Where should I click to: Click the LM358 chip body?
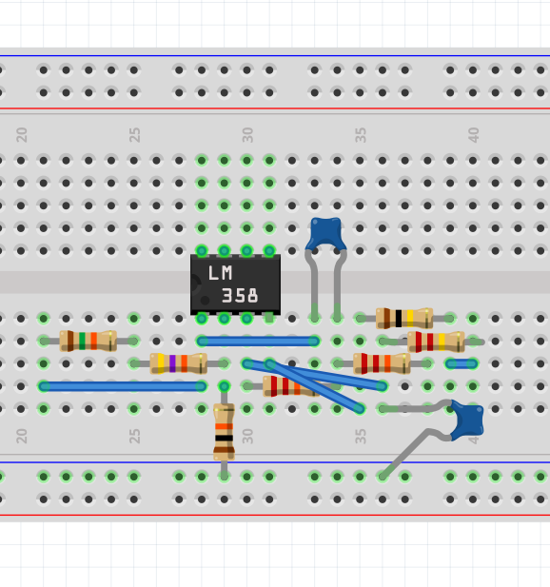pos(235,284)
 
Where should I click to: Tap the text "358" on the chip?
pos(240,296)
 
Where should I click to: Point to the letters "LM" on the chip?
pos(220,273)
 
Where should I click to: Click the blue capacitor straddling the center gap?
pos(325,269)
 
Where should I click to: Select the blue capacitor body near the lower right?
pos(466,421)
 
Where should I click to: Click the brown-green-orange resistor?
pos(88,341)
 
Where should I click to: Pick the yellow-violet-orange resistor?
pos(178,363)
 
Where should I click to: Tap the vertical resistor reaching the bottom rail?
pos(224,431)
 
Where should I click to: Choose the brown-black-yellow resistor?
pos(404,318)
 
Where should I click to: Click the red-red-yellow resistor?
pos(436,342)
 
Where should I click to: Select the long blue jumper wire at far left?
pos(123,386)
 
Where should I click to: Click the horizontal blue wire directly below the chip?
pos(258,341)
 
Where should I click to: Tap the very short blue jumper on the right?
pos(462,363)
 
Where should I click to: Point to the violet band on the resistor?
pos(172,363)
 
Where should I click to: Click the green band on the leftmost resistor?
pos(82,341)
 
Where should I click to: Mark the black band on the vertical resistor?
pos(224,438)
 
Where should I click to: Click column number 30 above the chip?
pos(247,135)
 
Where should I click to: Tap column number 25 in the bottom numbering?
pos(134,436)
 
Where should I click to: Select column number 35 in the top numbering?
pos(361,135)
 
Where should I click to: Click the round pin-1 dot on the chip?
pos(205,300)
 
